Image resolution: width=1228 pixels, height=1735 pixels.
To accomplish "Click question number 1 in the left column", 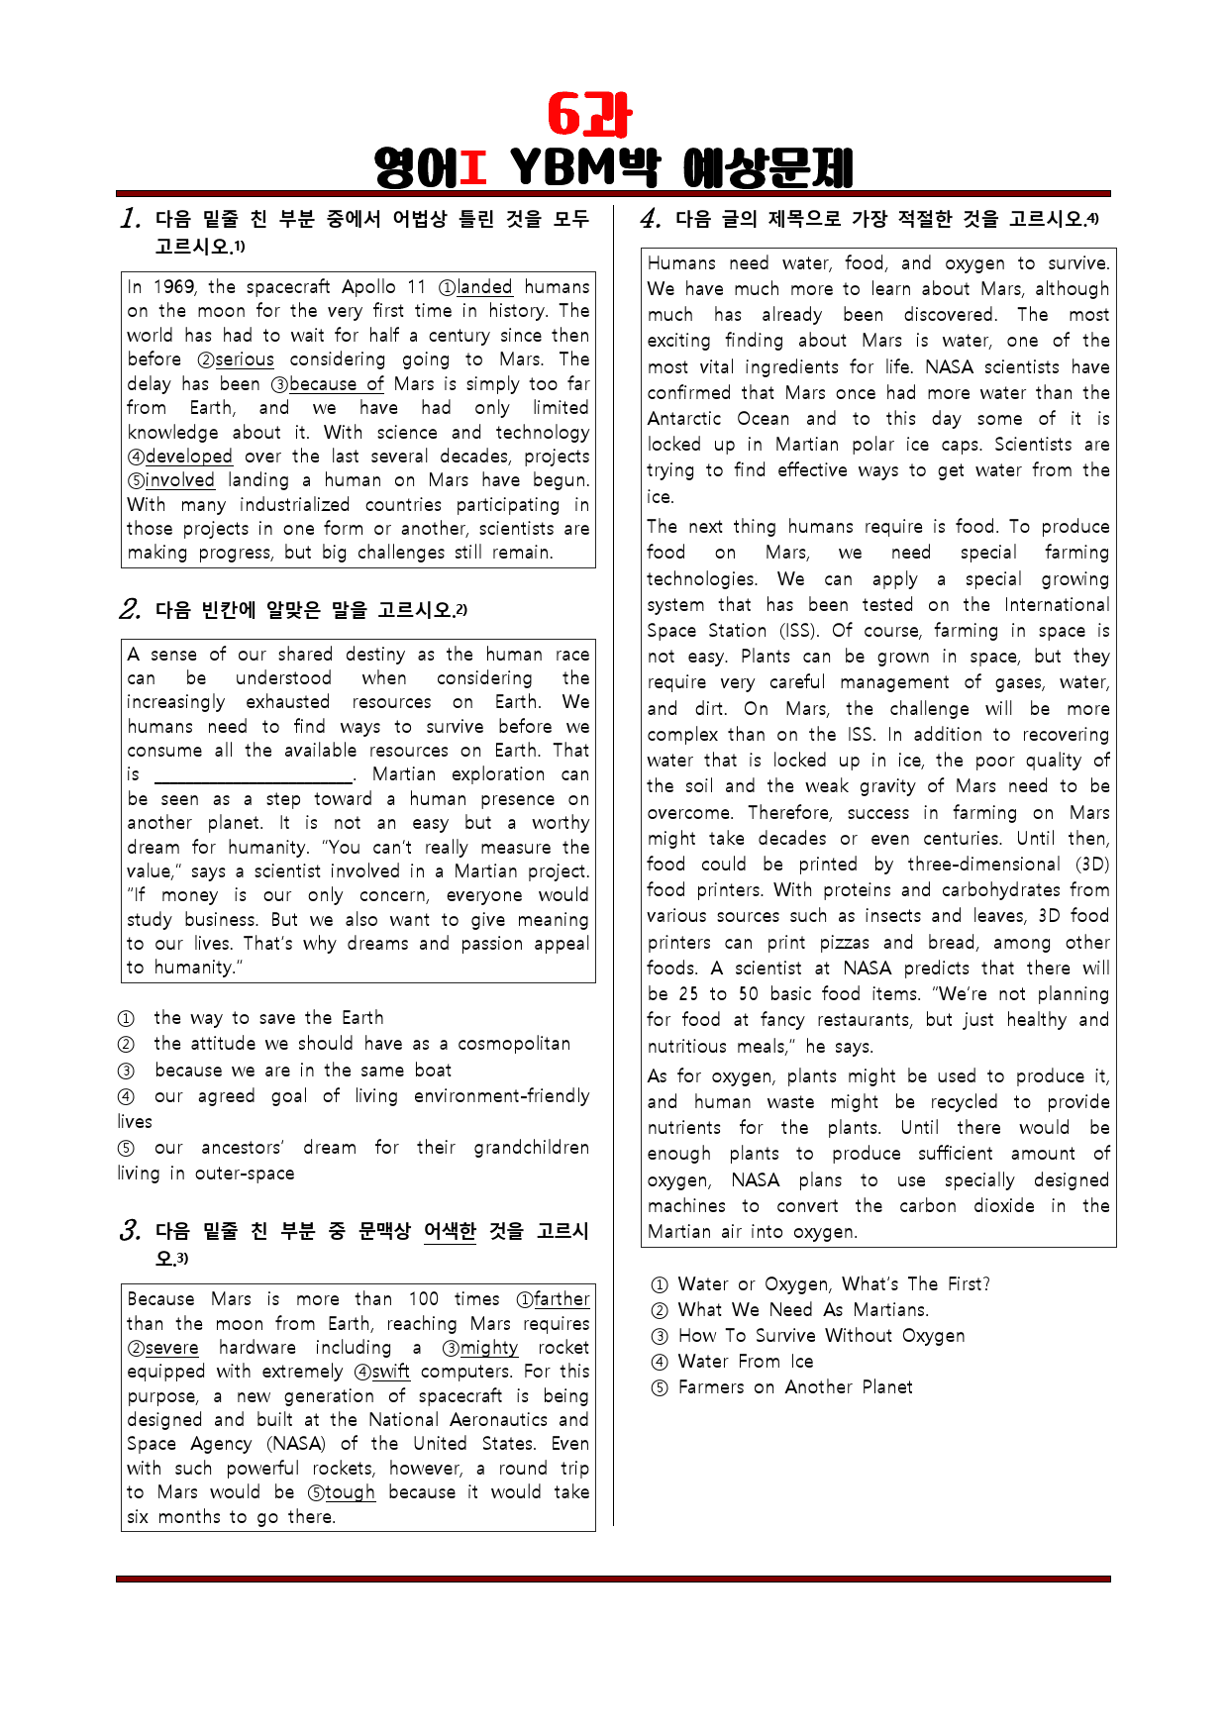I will [x=130, y=218].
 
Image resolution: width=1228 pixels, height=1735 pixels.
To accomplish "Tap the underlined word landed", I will [x=484, y=287].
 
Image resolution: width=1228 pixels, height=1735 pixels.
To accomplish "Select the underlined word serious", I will [x=245, y=359].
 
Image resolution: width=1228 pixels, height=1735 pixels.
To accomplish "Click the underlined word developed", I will [x=188, y=457].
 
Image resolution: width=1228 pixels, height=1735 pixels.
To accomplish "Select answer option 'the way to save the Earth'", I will [x=267, y=1018].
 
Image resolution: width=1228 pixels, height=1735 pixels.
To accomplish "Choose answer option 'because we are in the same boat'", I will [x=302, y=1071].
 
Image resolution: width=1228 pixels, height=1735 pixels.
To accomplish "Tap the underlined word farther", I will [x=562, y=1299].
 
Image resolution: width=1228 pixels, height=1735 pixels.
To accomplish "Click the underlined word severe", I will [x=171, y=1348].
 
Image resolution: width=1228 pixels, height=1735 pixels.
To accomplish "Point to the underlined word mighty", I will [x=488, y=1348].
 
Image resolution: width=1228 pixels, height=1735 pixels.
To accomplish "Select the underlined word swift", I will [x=390, y=1372].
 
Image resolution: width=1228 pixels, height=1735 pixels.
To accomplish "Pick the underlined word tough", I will [x=350, y=1492].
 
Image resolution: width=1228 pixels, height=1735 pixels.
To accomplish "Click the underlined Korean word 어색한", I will [x=450, y=1231].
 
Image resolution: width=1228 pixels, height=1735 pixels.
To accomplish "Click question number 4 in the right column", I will [x=650, y=218].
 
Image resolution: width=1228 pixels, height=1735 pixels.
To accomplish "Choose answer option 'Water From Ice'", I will [x=745, y=1362].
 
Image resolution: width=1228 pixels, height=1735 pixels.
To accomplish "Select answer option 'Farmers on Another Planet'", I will [x=794, y=1387].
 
